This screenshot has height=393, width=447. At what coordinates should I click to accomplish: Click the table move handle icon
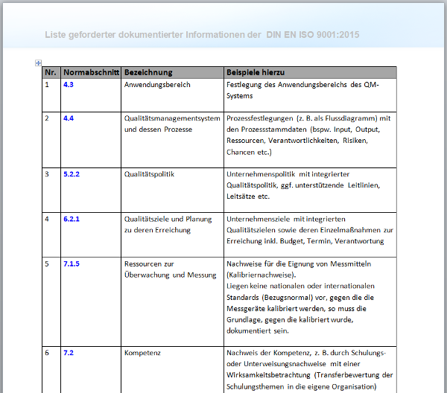coord(38,63)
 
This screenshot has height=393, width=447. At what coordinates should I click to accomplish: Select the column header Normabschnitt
coord(91,72)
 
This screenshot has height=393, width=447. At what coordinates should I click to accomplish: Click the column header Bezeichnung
coord(148,72)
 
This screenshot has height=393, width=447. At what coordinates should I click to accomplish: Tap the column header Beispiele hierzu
coord(256,72)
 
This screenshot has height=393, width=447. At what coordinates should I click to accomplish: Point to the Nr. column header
coord(51,72)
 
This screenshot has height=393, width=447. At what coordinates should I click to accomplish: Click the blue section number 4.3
coord(69,85)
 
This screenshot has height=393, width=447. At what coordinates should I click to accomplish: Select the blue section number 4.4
coord(69,118)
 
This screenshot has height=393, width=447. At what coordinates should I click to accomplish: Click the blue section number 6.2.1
coord(72,219)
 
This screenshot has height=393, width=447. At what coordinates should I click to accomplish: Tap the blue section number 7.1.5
coord(72,263)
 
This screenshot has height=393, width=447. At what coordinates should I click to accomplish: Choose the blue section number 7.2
coord(69,353)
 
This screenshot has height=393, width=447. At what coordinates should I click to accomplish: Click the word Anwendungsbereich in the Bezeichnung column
coord(157,85)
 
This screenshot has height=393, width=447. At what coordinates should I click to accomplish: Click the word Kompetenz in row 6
coord(142,353)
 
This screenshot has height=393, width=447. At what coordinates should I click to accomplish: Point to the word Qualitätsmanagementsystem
coord(172,118)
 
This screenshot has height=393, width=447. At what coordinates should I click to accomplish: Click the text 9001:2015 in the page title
coord(340,35)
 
